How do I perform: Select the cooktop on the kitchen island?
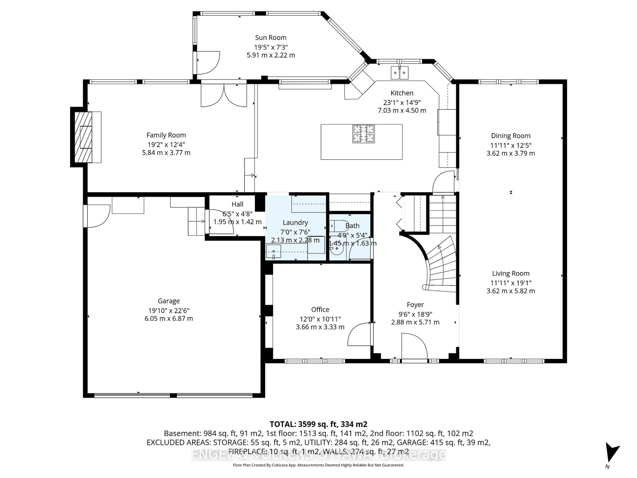(x=363, y=134)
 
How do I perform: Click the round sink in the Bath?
(x=336, y=248)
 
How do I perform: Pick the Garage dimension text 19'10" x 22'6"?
(x=169, y=310)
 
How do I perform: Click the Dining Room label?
(x=511, y=136)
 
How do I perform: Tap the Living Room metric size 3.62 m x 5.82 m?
(x=511, y=291)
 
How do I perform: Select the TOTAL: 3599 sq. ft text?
(x=318, y=424)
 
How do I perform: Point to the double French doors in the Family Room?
(x=224, y=95)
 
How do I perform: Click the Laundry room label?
(x=295, y=222)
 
